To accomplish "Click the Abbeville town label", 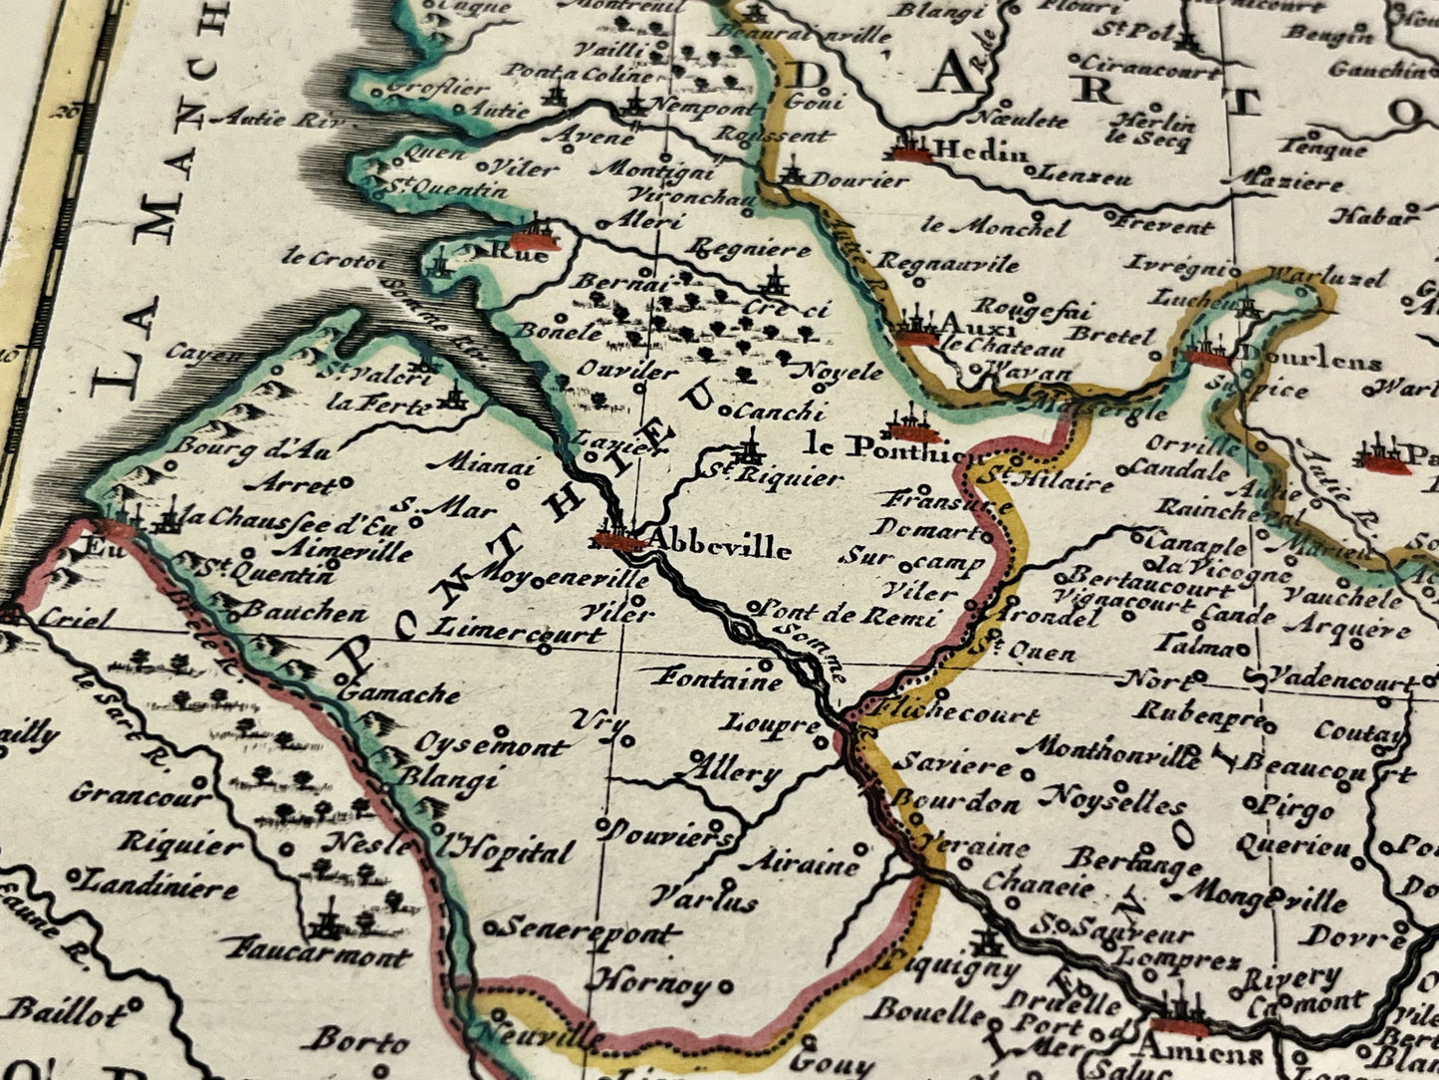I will click(x=720, y=547).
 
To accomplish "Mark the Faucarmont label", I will click(x=318, y=953).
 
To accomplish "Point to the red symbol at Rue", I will click(x=535, y=240).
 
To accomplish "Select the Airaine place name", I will click(x=801, y=862).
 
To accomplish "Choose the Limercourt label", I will click(x=518, y=632).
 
